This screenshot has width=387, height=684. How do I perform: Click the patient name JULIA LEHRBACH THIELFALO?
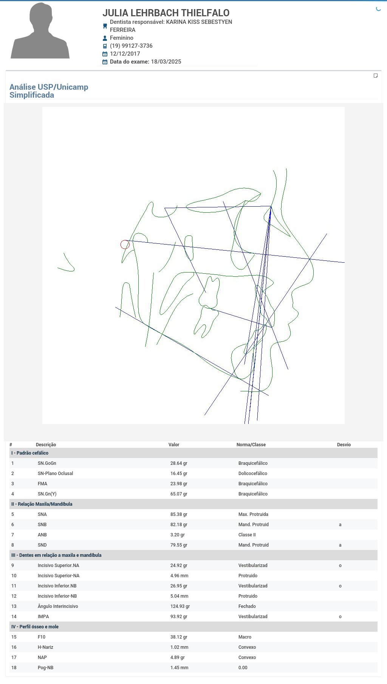(x=166, y=13)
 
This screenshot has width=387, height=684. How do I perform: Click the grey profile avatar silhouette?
(x=40, y=31)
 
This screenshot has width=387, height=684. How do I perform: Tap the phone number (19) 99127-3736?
(x=131, y=46)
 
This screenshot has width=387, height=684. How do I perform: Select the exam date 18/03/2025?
(x=166, y=62)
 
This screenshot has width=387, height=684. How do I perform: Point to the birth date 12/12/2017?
(x=125, y=54)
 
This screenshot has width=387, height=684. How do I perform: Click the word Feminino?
(x=122, y=38)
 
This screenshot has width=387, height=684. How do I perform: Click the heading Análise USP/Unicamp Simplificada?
(x=49, y=91)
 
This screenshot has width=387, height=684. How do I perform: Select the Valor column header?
(x=174, y=445)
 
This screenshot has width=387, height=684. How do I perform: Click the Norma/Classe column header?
(x=251, y=445)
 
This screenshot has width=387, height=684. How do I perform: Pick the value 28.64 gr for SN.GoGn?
(x=179, y=463)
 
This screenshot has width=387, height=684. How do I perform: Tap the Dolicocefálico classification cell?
(x=253, y=474)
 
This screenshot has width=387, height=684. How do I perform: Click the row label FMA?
(x=42, y=484)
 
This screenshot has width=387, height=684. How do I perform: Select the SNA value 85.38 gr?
(x=179, y=514)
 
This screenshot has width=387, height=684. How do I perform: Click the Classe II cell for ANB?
(x=247, y=535)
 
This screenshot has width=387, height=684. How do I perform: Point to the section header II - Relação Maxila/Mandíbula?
(x=42, y=504)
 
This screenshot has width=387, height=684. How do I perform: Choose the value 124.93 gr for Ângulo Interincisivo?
(x=180, y=606)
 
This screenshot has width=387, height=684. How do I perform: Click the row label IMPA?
(x=43, y=617)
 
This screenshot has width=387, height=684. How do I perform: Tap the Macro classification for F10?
(x=245, y=637)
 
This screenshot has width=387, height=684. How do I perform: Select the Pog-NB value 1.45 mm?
(x=179, y=668)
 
